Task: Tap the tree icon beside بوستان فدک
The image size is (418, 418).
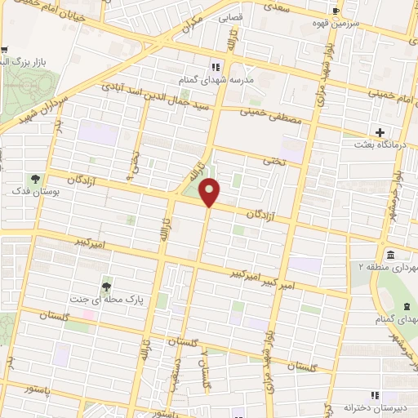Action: pos(35,179)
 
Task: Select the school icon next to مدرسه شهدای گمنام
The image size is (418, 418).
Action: pos(216,67)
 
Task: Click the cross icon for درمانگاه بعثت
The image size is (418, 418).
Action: pos(380,132)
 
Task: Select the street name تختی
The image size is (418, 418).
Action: pos(272,162)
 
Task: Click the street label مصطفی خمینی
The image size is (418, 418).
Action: pos(272,116)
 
